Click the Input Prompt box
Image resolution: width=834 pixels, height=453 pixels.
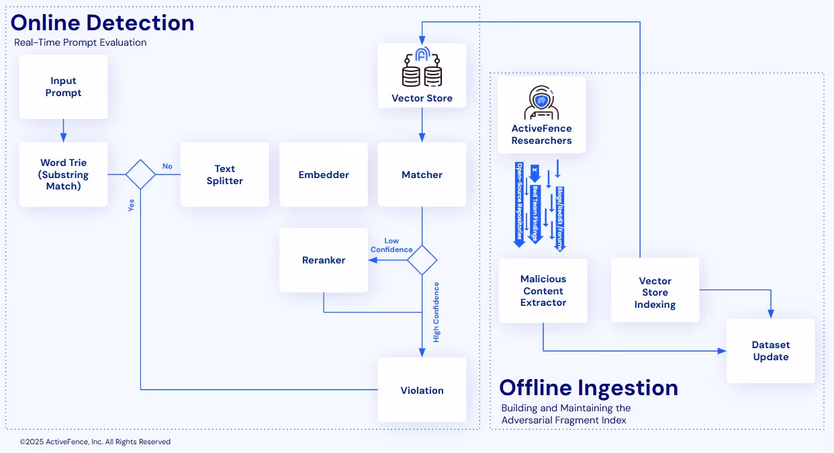(63, 87)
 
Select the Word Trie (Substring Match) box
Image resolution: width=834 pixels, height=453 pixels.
(63, 174)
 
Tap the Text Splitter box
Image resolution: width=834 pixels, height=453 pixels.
(224, 175)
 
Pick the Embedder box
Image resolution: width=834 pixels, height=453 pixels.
(324, 175)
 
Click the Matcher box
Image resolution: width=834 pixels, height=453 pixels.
(422, 175)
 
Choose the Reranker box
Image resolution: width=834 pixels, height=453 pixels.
(324, 260)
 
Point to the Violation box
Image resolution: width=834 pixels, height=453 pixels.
(422, 390)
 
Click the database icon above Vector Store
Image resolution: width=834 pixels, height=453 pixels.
(422, 69)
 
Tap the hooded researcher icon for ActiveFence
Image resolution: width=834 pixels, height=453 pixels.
(541, 103)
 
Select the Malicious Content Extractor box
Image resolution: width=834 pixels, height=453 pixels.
(543, 290)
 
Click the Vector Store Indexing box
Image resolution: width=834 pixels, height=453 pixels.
(655, 292)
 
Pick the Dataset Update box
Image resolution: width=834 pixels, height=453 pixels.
(770, 351)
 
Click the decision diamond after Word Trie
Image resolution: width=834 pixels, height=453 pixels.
(141, 175)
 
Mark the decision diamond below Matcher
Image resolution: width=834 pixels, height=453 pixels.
(422, 260)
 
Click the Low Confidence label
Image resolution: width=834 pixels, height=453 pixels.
(391, 245)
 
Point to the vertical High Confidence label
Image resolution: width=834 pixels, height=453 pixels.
(436, 312)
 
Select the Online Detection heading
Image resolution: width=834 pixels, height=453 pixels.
(103, 23)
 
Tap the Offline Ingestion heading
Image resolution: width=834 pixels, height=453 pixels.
(588, 388)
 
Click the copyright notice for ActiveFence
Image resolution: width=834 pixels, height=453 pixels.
(95, 442)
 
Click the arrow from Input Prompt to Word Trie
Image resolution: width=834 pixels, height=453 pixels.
(63, 130)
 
